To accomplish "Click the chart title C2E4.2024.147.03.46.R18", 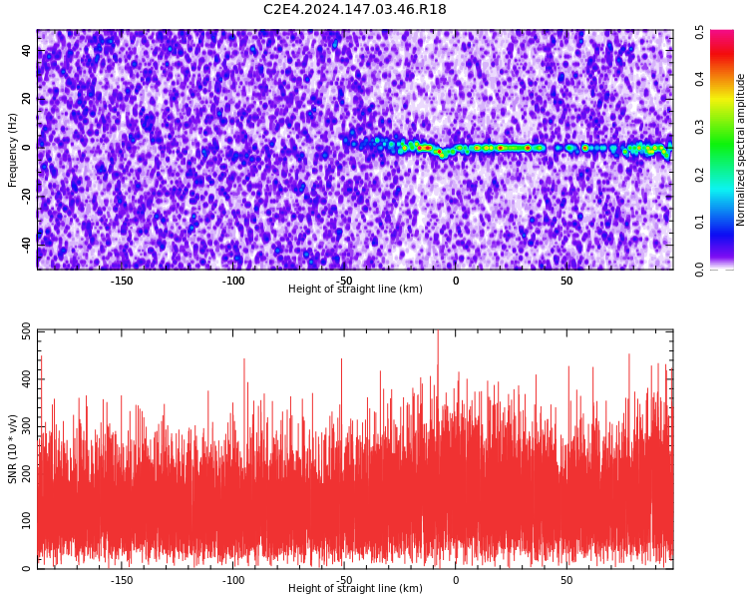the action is (355, 9).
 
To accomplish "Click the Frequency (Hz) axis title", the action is (12, 150).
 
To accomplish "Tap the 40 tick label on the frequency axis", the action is (27, 51).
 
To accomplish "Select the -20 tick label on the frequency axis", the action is (27, 196).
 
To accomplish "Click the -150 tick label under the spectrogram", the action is (122, 281).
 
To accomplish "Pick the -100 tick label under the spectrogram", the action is (232, 281).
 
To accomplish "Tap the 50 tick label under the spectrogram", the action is (566, 281).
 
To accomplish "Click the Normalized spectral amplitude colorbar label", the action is (740, 150).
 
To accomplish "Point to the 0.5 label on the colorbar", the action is (699, 33).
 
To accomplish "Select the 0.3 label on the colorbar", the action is (699, 127).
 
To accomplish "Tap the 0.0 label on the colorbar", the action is (699, 270).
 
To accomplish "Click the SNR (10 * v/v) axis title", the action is (12, 449).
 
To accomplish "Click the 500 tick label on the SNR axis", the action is (27, 331).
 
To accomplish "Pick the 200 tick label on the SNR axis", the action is (27, 473).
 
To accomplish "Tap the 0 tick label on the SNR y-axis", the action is (27, 568).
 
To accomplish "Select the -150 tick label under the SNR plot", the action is (122, 580).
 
